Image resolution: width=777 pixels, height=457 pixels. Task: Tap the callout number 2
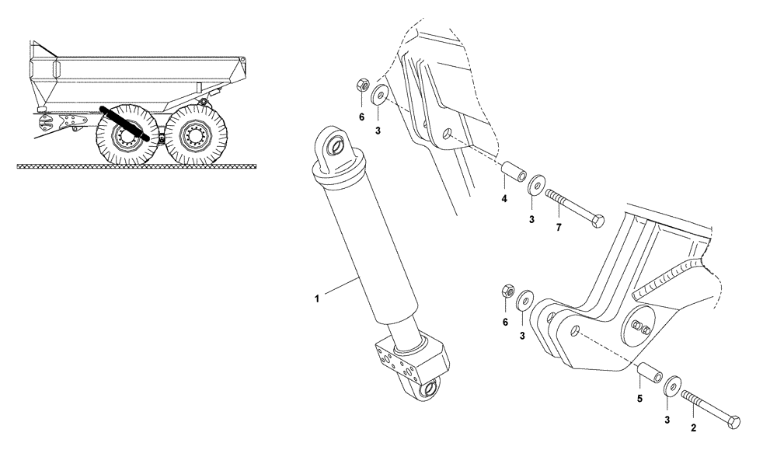tap(693, 427)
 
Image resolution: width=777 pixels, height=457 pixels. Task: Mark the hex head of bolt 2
tap(733, 421)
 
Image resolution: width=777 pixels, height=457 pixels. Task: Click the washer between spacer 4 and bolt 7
tap(535, 187)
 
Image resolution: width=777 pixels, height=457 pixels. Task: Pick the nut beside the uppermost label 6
tap(361, 85)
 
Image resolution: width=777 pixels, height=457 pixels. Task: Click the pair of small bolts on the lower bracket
tap(641, 326)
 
